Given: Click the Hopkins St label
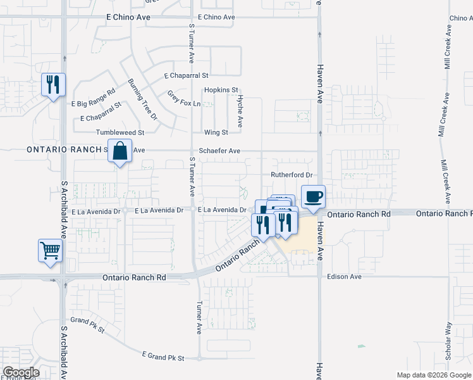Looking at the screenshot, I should (221, 91).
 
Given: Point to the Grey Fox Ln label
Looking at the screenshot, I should (183, 99).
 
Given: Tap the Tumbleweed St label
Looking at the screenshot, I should (120, 132).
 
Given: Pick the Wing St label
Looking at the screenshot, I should (216, 132).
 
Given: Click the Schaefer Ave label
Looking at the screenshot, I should (219, 151).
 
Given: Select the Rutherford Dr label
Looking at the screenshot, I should (292, 175).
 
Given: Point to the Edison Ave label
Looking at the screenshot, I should (344, 277).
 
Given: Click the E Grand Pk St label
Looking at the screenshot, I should (163, 357).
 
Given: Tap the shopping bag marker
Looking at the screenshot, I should (120, 151).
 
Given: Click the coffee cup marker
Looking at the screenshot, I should (313, 196).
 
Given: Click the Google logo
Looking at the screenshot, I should (21, 372).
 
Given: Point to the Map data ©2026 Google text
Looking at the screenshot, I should (433, 375).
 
